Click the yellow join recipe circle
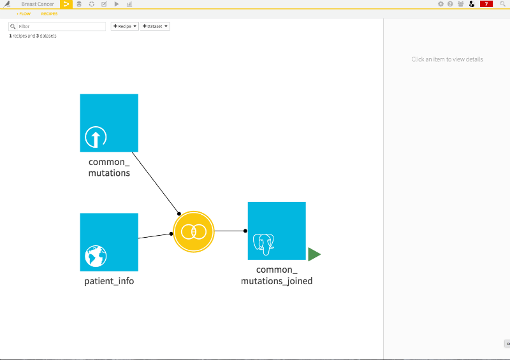coord(194,231)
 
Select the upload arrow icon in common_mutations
coord(96,137)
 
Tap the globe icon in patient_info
coord(96,256)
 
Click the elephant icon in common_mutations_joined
coord(264,244)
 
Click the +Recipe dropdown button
coord(124,26)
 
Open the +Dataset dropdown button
coord(155,26)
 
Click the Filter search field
coord(57,26)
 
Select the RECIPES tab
coord(49,13)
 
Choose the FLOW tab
coord(24,13)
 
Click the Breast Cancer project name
coord(38,4)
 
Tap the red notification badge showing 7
coord(486,4)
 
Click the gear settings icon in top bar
coord(441,4)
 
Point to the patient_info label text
coord(109,281)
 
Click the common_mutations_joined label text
coord(277,275)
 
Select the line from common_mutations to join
coord(156,183)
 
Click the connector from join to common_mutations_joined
coord(230,231)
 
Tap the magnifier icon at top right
coord(502,4)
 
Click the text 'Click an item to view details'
coord(448,59)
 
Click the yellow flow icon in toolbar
coord(66,4)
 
